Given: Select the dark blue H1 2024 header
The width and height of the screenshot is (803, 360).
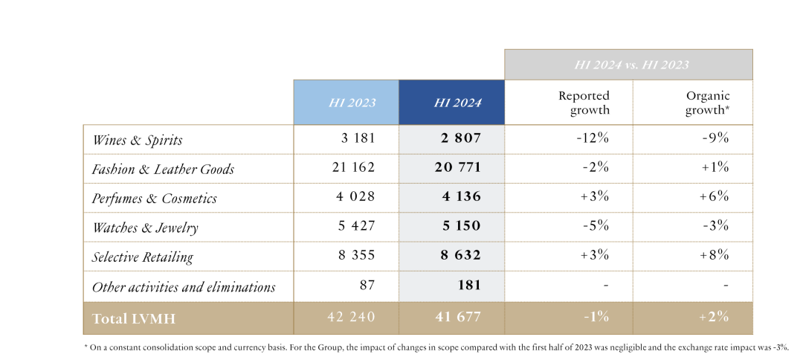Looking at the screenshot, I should [x=451, y=102].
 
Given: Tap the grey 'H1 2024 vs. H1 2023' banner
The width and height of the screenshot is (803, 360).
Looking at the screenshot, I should [x=628, y=65].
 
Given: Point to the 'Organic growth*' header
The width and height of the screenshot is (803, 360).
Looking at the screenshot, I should [x=707, y=103].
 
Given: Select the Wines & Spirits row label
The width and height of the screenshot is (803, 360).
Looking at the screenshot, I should [x=137, y=140].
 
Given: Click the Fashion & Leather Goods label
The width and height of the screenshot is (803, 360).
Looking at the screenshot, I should [x=163, y=169].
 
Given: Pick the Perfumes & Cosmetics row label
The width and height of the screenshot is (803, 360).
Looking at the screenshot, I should [x=154, y=198].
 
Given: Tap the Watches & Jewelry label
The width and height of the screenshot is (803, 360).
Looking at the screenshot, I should [x=145, y=227].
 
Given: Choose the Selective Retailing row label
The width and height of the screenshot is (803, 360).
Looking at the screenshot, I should [x=142, y=257].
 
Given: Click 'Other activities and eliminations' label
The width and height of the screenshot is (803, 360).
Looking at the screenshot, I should [x=183, y=286].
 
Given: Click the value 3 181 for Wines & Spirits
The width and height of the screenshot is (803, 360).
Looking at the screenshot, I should [x=356, y=139].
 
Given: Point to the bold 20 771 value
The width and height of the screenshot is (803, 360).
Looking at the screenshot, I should [x=457, y=168].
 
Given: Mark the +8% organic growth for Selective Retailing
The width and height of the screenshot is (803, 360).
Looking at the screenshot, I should [x=715, y=256].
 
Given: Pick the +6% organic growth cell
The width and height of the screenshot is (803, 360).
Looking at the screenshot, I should [x=715, y=197].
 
